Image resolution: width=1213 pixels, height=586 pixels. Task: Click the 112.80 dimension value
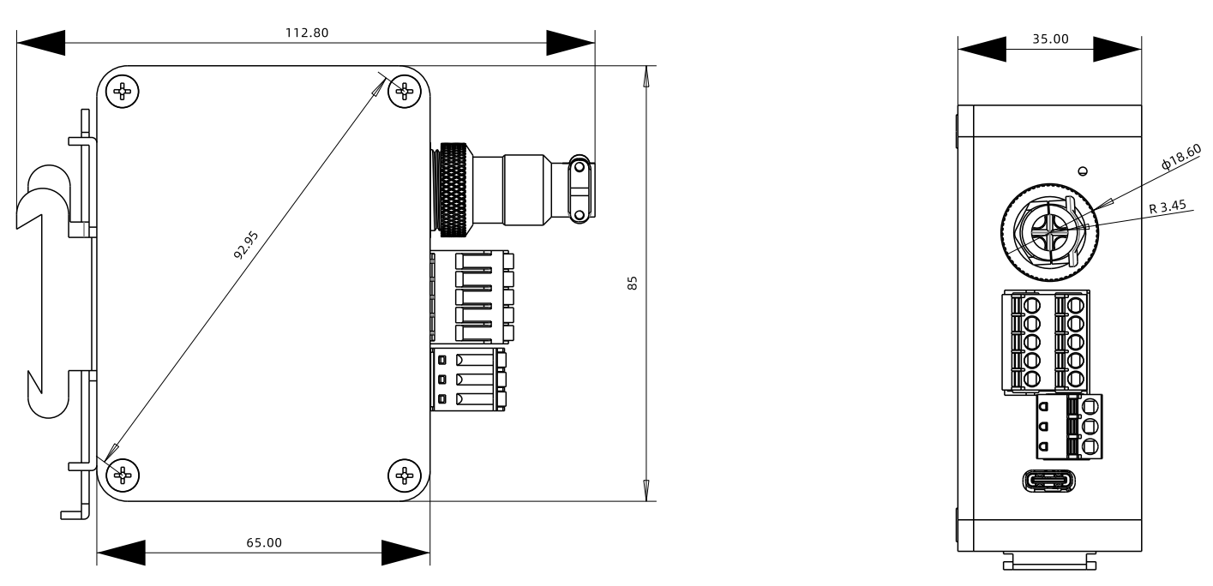pos(306,33)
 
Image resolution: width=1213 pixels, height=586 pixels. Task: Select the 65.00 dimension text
pos(262,542)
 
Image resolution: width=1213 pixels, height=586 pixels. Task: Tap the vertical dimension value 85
pos(633,283)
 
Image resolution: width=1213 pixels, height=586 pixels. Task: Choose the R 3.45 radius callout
pos(1168,206)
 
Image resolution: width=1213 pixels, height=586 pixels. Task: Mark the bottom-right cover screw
pos(404,474)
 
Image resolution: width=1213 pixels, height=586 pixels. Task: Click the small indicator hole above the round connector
pos(1083,170)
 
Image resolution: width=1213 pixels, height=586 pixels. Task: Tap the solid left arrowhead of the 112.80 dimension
pos(39,41)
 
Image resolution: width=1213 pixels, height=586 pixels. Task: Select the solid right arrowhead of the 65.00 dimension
pos(405,552)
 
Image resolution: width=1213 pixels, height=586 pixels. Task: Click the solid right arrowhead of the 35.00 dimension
pos(1117,48)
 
